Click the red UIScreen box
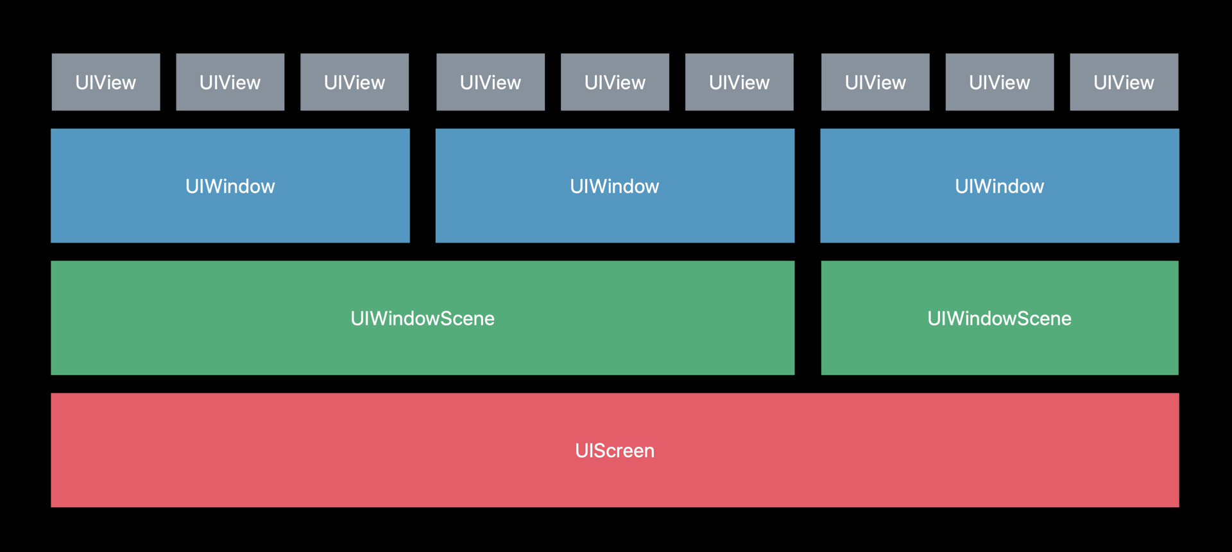click(x=615, y=450)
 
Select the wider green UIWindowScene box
click(x=422, y=318)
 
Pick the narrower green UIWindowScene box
click(x=1000, y=318)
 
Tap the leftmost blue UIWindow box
click(x=230, y=185)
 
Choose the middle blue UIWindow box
click(x=615, y=185)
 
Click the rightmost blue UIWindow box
click(x=1000, y=185)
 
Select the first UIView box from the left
click(x=106, y=82)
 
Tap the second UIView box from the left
click(x=230, y=82)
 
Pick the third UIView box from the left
click(x=355, y=82)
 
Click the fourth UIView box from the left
click(x=491, y=82)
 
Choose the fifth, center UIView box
click(x=615, y=82)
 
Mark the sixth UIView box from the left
click(x=740, y=82)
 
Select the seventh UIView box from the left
click(x=876, y=82)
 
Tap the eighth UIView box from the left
click(x=1000, y=82)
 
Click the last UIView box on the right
click(x=1124, y=82)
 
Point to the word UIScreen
click(x=615, y=451)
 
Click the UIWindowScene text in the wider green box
click(x=422, y=318)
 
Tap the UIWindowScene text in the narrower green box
click(x=1000, y=318)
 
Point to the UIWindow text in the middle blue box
click(x=615, y=186)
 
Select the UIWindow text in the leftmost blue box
click(x=230, y=186)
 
